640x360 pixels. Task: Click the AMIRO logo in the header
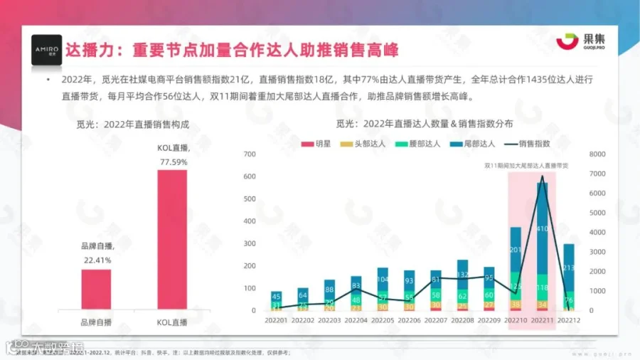(x=46, y=50)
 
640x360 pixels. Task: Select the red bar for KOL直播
(x=172, y=239)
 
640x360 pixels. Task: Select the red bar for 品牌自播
(x=96, y=289)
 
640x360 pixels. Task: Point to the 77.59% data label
(x=172, y=162)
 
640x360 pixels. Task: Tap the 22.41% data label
(x=96, y=260)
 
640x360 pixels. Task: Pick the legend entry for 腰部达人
(x=417, y=143)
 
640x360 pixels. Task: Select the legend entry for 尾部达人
(x=471, y=143)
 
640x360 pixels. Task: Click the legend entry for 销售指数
(x=530, y=143)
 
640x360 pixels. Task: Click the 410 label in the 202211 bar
(x=543, y=228)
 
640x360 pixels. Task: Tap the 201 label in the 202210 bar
(x=516, y=250)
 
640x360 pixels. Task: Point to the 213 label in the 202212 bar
(x=569, y=268)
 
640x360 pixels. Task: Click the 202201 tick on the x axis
(x=276, y=321)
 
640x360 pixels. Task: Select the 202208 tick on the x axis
(x=462, y=321)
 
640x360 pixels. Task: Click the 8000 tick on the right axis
(x=596, y=154)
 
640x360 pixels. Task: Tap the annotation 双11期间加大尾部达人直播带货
(x=530, y=165)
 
